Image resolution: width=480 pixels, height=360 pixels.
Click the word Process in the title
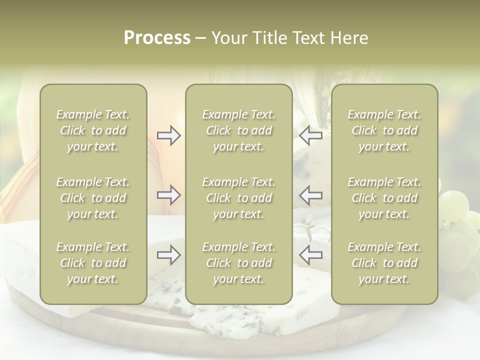(157, 38)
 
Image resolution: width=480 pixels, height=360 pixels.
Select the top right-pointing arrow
(168, 135)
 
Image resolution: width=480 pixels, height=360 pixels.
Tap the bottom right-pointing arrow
(168, 255)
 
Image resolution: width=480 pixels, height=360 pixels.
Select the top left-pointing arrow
(310, 135)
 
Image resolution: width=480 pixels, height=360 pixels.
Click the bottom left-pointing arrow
(310, 255)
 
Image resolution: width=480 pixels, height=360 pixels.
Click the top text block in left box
(93, 130)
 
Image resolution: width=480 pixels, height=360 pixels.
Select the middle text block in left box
(93, 198)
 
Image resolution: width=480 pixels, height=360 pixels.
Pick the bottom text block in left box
(93, 263)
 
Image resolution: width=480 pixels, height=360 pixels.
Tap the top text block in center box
(238, 130)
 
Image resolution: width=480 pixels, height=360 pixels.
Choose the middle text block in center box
(238, 198)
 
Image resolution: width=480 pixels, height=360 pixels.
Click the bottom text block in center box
(238, 263)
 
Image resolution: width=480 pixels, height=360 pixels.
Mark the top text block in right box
(384, 130)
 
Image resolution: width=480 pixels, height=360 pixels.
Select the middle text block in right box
(384, 198)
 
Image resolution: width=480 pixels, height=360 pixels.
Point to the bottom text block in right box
(384, 263)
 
